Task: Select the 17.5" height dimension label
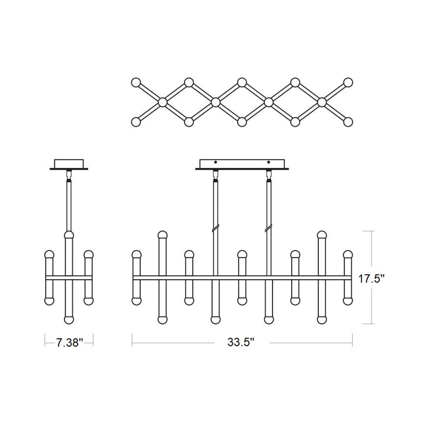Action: click(x=371, y=278)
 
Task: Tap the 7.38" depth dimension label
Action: click(x=69, y=343)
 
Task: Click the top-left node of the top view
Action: click(x=136, y=82)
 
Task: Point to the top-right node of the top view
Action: click(x=348, y=82)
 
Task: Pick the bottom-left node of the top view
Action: click(x=136, y=122)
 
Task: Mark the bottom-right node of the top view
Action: click(x=348, y=122)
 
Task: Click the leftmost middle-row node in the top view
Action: click(x=162, y=102)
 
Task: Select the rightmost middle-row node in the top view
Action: click(x=322, y=102)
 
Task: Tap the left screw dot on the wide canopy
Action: click(x=216, y=162)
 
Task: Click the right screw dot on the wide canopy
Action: click(x=269, y=162)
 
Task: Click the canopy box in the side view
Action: click(x=69, y=163)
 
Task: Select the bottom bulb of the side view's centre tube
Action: click(x=69, y=320)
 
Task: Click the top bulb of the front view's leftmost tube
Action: click(x=137, y=254)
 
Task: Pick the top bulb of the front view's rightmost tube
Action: click(x=348, y=254)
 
